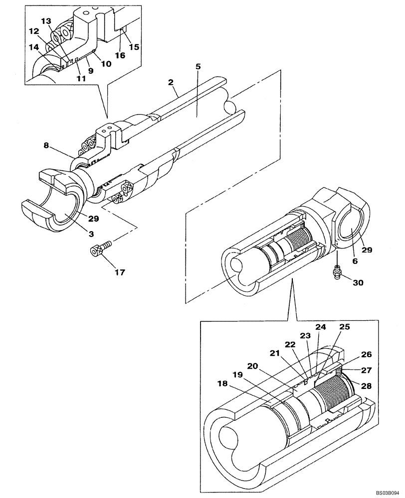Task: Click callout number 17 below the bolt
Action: pyautogui.click(x=119, y=272)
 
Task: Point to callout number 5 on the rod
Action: pyautogui.click(x=198, y=66)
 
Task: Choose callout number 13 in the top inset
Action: pyautogui.click(x=46, y=21)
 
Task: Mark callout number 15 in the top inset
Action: pyautogui.click(x=134, y=47)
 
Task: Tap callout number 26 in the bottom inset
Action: pyautogui.click(x=366, y=355)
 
